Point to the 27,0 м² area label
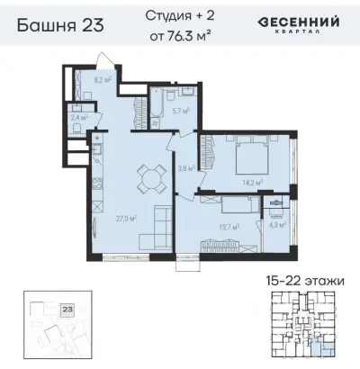pyautogui.click(x=126, y=217)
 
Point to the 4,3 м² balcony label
pyautogui.click(x=278, y=225)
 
